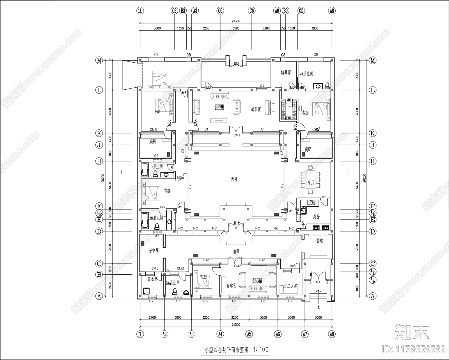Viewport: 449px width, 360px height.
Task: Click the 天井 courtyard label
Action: coord(234,179)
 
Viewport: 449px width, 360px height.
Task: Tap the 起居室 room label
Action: coord(256,109)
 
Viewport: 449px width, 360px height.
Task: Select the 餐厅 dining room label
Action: coord(311,183)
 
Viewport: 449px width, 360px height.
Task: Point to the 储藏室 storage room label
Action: coord(285,72)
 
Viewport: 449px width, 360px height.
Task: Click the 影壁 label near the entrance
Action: coord(320,241)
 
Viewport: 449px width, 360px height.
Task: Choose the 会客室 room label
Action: coord(231,286)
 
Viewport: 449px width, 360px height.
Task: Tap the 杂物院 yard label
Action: coord(154,250)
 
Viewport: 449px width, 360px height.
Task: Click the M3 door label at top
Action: coord(236,64)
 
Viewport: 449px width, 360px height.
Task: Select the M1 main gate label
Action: coord(318,282)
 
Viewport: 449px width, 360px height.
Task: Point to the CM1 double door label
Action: coord(237,135)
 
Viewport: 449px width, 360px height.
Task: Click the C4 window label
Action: coord(262,85)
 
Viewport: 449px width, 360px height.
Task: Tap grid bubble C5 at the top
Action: coord(220,11)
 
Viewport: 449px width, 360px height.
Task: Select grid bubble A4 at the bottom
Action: coord(220,334)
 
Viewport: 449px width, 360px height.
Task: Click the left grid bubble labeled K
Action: coord(99,133)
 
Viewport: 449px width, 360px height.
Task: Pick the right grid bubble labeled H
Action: coord(372,161)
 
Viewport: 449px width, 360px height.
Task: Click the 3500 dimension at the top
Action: coord(236,28)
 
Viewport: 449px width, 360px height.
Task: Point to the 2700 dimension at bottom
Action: coord(152,318)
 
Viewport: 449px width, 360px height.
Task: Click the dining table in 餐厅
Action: coord(310,179)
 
